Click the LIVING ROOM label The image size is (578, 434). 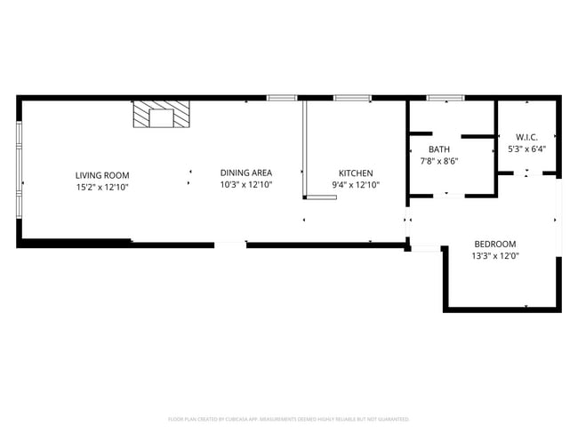pos(102,175)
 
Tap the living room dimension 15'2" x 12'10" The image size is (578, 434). pos(102,187)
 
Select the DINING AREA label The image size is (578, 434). pos(246,173)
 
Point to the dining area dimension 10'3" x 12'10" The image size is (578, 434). pos(246,184)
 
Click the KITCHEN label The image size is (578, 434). pos(356,173)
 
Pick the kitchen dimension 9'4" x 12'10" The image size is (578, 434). pos(356,185)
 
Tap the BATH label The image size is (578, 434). pos(439,149)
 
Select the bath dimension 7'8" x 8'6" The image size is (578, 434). pos(439,161)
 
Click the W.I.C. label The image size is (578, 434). pos(526,138)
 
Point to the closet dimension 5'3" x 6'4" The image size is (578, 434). pos(526,149)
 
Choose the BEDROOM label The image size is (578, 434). pos(494,244)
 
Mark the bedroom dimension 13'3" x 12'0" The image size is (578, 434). pos(495,255)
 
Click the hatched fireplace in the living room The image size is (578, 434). pos(161,114)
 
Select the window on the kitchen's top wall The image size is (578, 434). pos(352,97)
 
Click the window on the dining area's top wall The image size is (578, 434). pos(282,97)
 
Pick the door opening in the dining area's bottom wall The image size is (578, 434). pos(230,243)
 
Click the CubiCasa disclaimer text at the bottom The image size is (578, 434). pos(289,418)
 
